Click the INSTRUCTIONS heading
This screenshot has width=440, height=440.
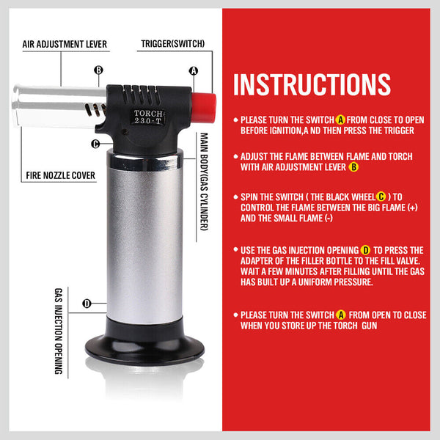[312, 84]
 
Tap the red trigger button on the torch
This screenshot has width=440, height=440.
[204, 108]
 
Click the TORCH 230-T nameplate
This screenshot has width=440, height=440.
[148, 117]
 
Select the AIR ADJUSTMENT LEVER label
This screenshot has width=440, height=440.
[65, 44]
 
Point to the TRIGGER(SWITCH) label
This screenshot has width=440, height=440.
[173, 44]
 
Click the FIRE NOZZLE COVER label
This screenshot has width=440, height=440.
[61, 175]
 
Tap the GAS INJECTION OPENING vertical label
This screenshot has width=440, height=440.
[59, 331]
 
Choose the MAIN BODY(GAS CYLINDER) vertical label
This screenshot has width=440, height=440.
[204, 182]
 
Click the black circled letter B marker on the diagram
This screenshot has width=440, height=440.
[98, 70]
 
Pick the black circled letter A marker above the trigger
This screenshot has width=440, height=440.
[194, 70]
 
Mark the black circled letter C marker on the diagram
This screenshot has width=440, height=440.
[95, 144]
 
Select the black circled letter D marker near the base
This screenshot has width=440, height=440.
[87, 304]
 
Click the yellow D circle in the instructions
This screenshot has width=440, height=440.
[365, 250]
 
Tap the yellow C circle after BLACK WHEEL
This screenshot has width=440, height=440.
[381, 197]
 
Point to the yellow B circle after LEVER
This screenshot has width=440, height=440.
[353, 167]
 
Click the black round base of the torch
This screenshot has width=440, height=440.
[144, 348]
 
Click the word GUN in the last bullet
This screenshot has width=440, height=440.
[370, 326]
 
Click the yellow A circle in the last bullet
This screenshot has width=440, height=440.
[341, 315]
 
